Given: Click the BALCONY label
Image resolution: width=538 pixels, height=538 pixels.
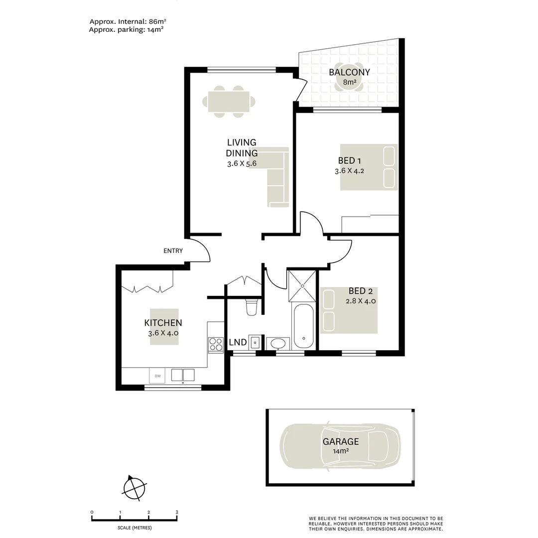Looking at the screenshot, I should [349, 72].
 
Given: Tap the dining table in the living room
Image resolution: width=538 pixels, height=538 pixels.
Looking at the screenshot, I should [229, 102].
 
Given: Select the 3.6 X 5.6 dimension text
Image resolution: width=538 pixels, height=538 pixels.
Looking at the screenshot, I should [241, 163].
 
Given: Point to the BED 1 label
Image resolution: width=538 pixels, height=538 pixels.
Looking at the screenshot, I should [349, 160].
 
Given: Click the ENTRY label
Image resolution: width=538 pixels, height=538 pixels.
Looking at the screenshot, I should [173, 251].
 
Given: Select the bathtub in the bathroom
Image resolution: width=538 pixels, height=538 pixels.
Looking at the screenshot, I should [303, 326].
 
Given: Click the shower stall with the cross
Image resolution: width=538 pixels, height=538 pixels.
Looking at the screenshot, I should [302, 285].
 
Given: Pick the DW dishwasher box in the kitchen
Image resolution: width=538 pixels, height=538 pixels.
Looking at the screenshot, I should [157, 376].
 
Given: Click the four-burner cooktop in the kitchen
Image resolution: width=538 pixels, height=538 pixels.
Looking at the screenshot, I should [216, 344].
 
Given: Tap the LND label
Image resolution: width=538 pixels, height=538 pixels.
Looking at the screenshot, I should [238, 343].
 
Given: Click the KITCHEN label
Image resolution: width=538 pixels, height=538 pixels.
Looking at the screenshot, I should [163, 323].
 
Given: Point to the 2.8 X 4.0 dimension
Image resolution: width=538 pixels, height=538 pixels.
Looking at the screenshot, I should [360, 301].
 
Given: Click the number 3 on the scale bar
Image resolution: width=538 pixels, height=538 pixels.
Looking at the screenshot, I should [177, 512].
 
